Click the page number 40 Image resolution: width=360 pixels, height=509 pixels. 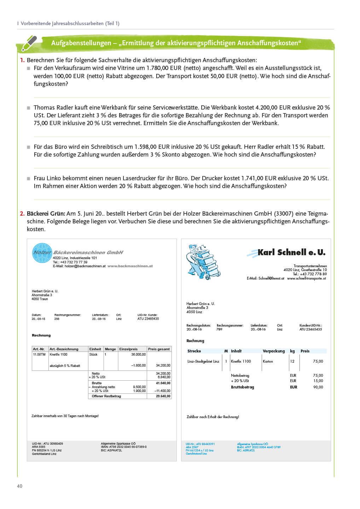click(19, 486)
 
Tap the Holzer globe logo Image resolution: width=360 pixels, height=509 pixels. click(42, 253)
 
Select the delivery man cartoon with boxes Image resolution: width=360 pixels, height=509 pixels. click(203, 262)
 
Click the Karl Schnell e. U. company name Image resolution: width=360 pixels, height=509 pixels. click(291, 252)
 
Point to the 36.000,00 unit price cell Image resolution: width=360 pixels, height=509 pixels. click(138, 355)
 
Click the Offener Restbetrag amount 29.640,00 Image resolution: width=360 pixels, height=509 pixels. click(163, 396)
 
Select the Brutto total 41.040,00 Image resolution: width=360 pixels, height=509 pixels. click(163, 383)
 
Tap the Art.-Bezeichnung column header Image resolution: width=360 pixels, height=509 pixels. click(64, 349)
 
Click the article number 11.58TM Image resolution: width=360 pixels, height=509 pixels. click(39, 355)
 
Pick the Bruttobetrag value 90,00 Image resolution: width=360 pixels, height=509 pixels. click(318, 387)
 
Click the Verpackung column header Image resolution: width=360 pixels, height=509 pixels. click(273, 351)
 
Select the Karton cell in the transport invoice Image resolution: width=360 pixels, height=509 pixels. click(268, 362)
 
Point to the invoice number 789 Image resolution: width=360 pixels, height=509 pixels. click(219, 329)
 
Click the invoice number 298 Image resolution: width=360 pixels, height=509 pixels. click(57, 319)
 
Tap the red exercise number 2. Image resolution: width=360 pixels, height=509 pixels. click(22, 213)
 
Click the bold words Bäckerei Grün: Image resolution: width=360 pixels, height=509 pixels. click(46, 213)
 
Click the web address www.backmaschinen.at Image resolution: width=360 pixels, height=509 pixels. click(130, 266)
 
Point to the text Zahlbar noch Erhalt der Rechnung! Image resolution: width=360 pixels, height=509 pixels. click(213, 417)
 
